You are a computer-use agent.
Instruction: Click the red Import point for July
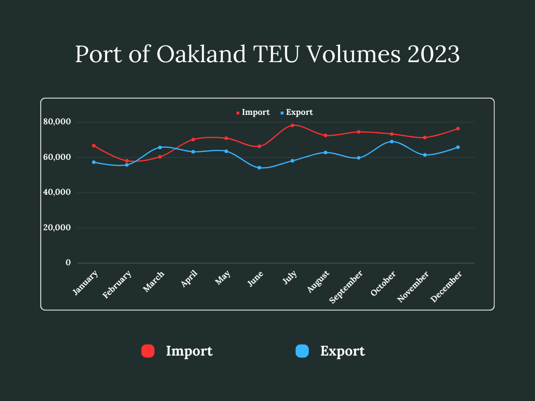(293, 125)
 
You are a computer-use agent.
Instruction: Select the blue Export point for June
(259, 168)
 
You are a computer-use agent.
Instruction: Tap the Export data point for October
(392, 141)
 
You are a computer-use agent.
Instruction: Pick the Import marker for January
(94, 146)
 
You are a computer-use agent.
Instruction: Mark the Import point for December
(458, 128)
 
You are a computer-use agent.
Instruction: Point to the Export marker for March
(160, 147)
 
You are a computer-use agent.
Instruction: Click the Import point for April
(193, 139)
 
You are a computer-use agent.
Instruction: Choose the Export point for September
(358, 158)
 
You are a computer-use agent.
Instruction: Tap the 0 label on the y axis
(68, 263)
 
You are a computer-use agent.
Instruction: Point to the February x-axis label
(117, 285)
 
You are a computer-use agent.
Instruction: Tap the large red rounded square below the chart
(148, 351)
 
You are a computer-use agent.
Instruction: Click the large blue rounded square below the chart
(302, 351)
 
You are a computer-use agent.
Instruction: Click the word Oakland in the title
(202, 54)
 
